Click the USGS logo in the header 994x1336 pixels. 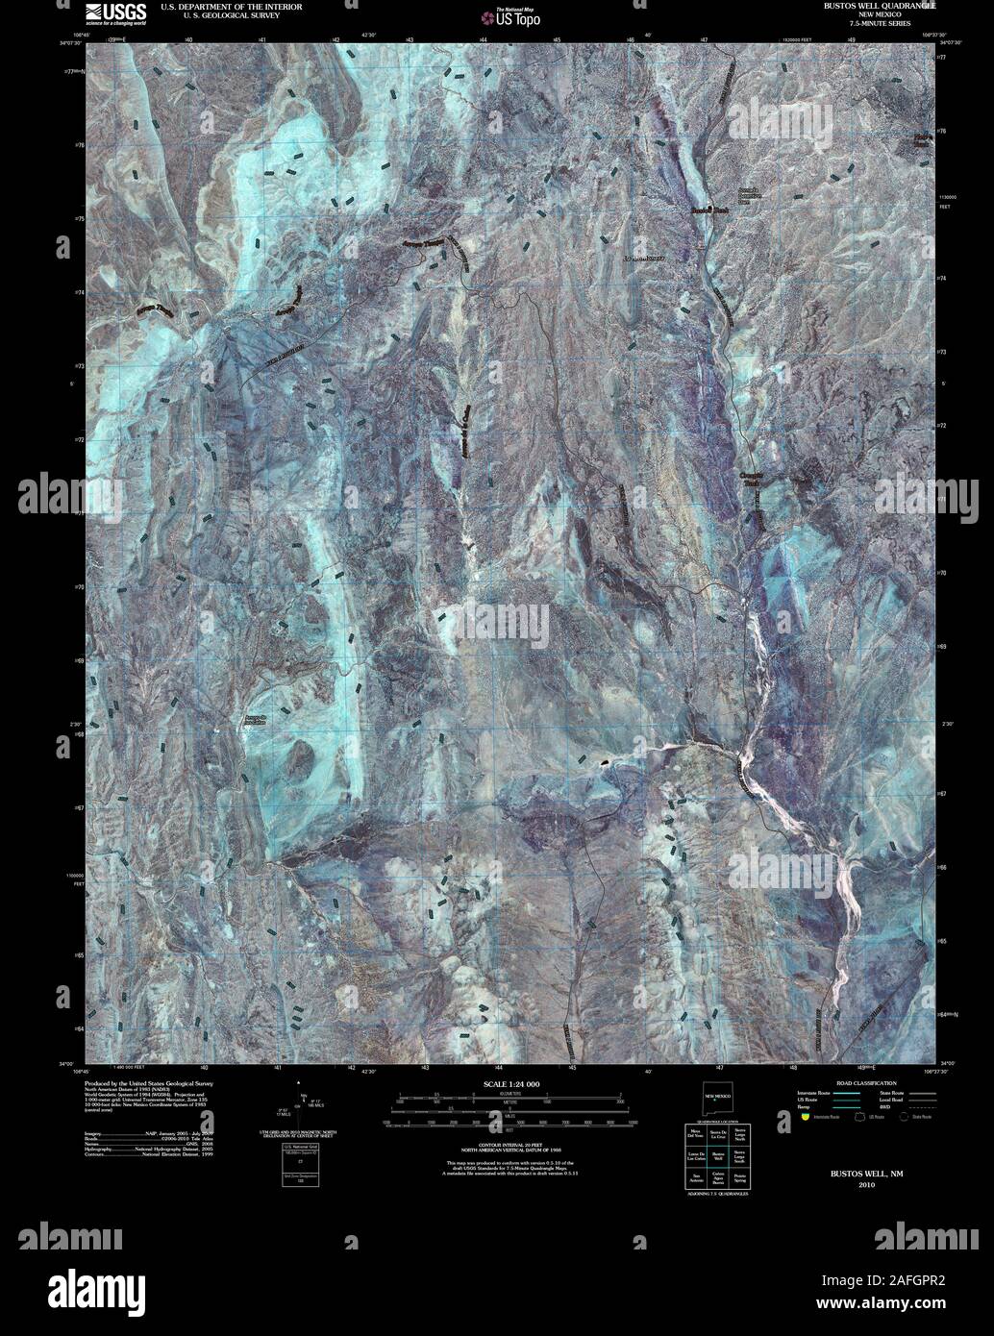coord(115,12)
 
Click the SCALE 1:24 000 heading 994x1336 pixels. coord(510,1084)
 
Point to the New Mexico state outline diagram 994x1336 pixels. coord(716,1097)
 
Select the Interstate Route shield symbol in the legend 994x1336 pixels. coord(806,1117)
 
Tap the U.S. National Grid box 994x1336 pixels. coord(299,1164)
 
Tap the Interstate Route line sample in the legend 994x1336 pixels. coord(846,1093)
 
